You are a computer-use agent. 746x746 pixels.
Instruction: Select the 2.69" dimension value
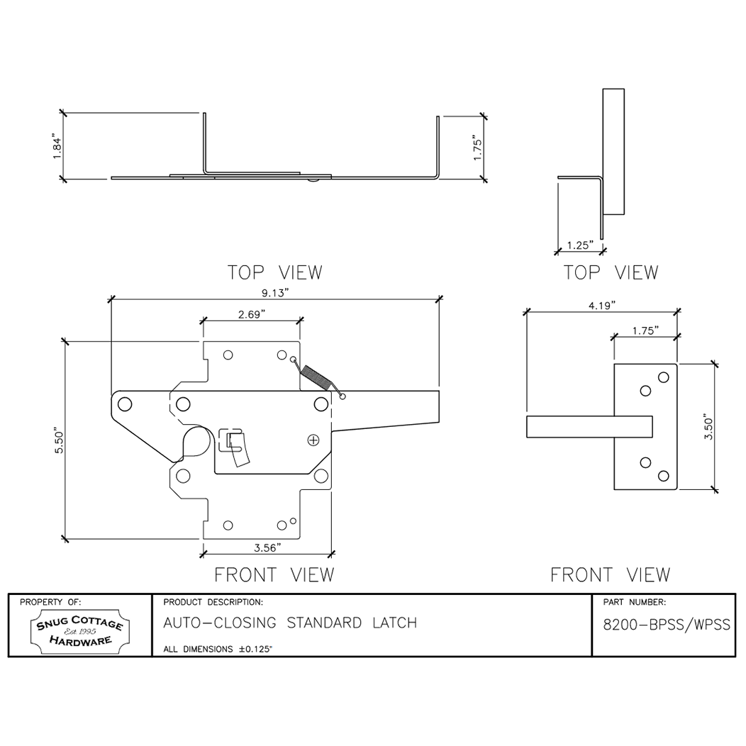252,314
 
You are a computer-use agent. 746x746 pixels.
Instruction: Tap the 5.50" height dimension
60,441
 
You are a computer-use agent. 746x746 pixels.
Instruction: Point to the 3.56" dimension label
267,547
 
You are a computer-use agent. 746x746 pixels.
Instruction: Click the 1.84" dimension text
57,147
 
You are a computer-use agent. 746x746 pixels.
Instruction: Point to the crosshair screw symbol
313,440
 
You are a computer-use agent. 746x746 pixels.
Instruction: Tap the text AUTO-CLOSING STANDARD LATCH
289,623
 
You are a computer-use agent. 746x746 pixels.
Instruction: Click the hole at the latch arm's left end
125,404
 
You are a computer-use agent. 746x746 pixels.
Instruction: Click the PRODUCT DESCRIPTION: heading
213,603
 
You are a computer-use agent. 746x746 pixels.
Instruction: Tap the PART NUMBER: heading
634,603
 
